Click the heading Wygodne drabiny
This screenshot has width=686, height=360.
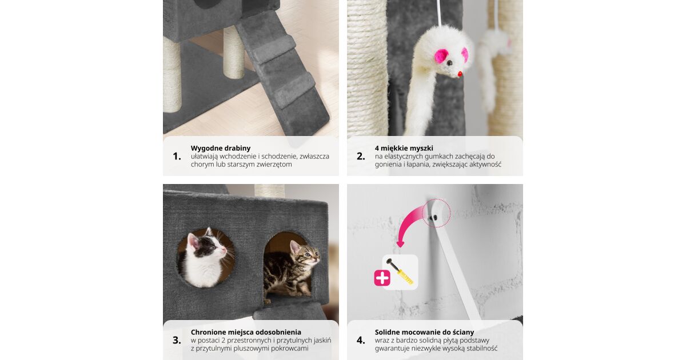coord(221,148)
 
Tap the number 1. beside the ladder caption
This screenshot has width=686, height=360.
coord(177,157)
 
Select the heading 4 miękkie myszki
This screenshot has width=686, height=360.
coord(404,148)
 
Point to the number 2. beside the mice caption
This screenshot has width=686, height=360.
coord(361,157)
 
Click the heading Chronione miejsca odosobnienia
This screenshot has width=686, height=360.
coord(246,332)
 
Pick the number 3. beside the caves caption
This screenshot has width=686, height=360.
coord(177,341)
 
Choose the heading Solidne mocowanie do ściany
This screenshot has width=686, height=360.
coord(424,332)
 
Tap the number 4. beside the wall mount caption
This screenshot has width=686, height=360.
coord(361,341)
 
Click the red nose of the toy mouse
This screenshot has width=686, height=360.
coord(460,74)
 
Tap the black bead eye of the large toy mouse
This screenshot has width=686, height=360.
coord(449,63)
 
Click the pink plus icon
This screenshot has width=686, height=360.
coord(382,278)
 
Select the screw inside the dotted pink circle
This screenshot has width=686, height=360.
coord(433,218)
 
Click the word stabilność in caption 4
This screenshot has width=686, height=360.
coord(481,349)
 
